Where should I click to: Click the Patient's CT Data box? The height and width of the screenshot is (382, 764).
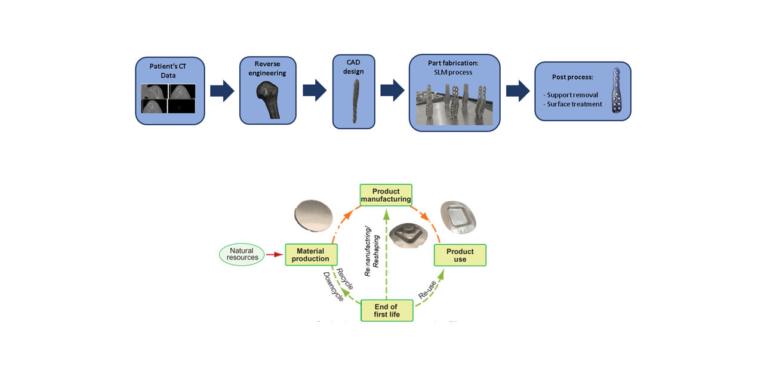pos(170,90)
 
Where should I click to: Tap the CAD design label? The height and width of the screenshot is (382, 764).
pos(354,67)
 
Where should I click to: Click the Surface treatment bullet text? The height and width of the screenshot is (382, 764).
pos(572,104)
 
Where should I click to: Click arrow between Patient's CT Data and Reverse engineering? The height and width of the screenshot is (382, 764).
pos(222,90)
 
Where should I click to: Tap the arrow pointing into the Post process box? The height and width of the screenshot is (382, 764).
pos(517,90)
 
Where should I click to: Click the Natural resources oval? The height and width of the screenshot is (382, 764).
pos(242,254)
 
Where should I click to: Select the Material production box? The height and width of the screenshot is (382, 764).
pos(311,255)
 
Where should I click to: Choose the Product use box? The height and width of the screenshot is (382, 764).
pos(460,255)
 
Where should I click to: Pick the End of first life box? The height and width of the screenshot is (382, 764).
pos(386,311)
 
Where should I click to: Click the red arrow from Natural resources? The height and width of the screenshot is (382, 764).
pos(275,255)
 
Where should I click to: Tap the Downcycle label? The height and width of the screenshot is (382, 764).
pos(333,286)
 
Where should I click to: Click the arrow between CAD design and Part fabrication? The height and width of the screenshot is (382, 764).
pos(392,90)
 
